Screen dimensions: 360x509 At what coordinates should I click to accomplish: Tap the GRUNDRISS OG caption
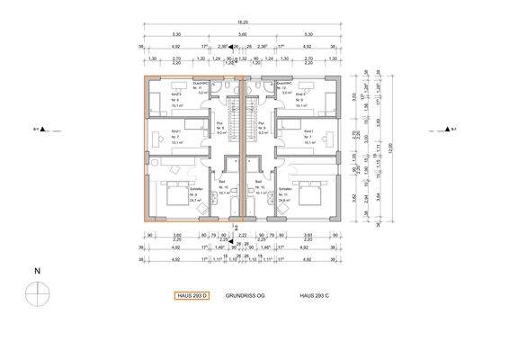click(246, 294)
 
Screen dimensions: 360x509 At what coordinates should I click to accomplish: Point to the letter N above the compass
click(36, 270)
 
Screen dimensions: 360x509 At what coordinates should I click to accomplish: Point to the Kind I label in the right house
click(309, 131)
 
